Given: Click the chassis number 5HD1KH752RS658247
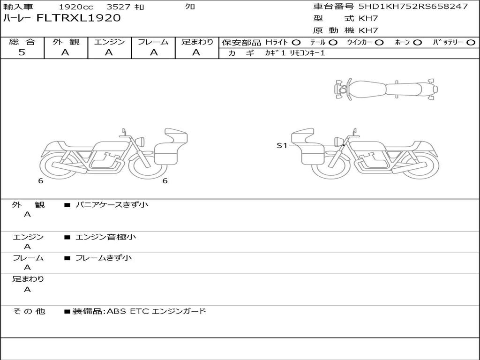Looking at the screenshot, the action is pyautogui.click(x=413, y=6).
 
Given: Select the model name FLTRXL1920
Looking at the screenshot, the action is pyautogui.click(x=79, y=18).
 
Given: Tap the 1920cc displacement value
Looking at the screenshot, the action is pyautogui.click(x=76, y=7).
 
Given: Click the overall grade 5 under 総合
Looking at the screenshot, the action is pyautogui.click(x=22, y=52).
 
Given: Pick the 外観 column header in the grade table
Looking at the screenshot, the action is pyautogui.click(x=66, y=42).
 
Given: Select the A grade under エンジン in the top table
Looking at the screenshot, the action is pyautogui.click(x=109, y=52).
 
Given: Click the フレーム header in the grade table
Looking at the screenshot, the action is pyautogui.click(x=153, y=42).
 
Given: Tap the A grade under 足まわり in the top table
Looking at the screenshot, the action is pyautogui.click(x=196, y=52).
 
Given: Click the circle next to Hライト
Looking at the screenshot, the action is pyautogui.click(x=296, y=43).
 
